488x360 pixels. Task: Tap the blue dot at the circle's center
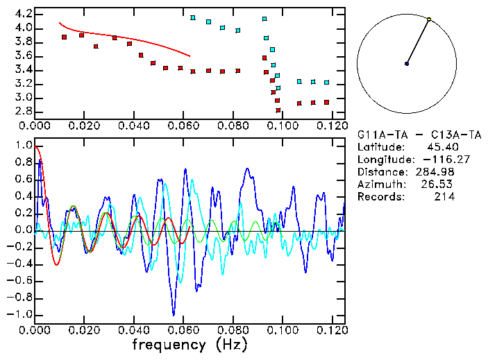tap(407, 64)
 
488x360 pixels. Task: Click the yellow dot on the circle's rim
tap(429, 19)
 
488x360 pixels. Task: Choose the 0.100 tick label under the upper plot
tap(282, 126)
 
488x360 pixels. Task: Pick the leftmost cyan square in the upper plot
tap(193, 18)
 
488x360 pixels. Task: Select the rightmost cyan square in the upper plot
tap(326, 83)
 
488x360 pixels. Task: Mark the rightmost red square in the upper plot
tap(326, 103)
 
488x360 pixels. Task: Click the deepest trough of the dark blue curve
tap(174, 314)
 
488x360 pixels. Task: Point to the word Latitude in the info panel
tap(380, 147)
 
